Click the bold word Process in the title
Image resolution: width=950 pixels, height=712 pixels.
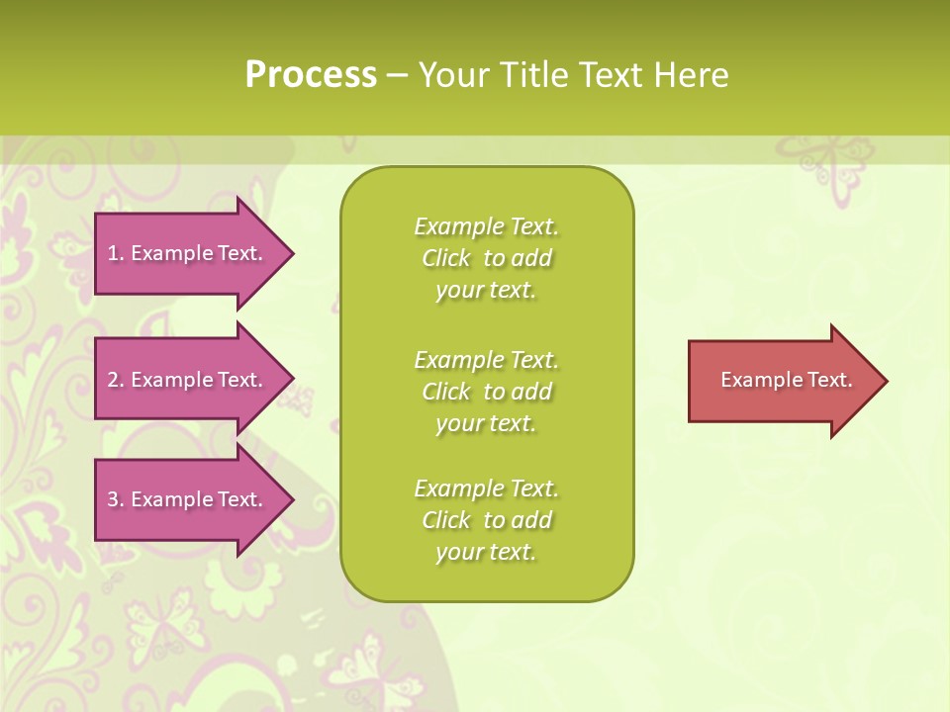pos(311,75)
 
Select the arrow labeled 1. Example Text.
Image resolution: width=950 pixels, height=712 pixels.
pos(188,253)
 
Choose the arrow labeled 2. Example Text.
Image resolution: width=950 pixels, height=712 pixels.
pos(188,380)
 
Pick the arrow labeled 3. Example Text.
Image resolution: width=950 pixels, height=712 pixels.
pos(188,499)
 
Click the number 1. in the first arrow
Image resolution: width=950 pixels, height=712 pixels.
pos(115,253)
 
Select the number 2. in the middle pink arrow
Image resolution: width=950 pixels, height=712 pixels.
pos(115,380)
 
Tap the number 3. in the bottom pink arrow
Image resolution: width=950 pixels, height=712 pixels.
pos(115,499)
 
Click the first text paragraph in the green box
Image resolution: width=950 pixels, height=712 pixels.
pos(486,258)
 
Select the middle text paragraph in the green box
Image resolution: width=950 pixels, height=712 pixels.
pos(486,392)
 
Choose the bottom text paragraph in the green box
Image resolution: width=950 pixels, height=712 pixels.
pos(486,520)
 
